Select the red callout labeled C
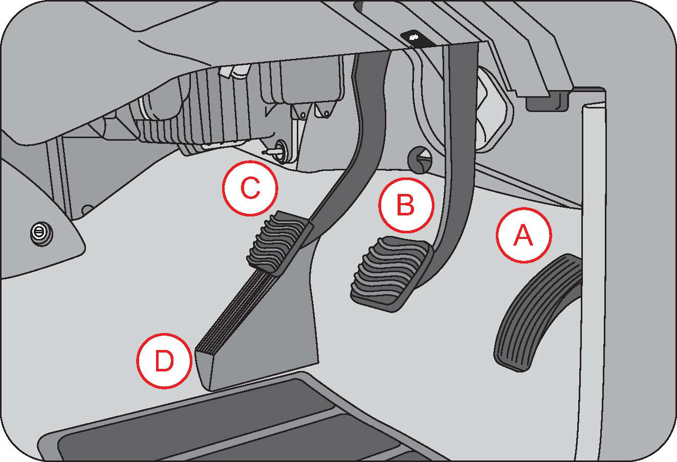(250, 188)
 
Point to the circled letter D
(164, 362)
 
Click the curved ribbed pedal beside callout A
(535, 312)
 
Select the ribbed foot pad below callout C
(279, 240)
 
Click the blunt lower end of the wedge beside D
(204, 368)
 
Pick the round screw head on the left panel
(38, 232)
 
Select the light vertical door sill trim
(594, 281)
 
